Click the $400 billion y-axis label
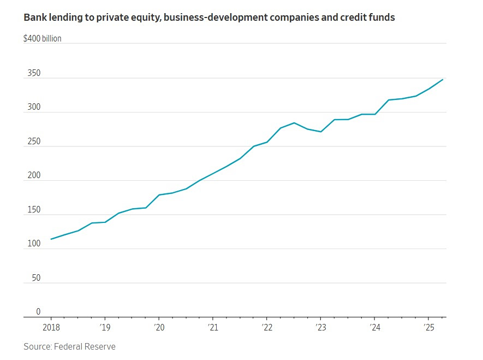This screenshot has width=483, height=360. pyautogui.click(x=43, y=38)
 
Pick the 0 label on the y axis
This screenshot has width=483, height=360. pyautogui.click(x=38, y=312)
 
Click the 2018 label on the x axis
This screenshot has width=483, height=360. pyautogui.click(x=51, y=328)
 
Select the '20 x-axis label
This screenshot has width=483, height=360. pyautogui.click(x=159, y=328)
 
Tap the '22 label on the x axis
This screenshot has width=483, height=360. pyautogui.click(x=266, y=328)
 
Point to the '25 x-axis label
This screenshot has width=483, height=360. pyautogui.click(x=428, y=328)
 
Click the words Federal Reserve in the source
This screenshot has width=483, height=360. pyautogui.click(x=86, y=346)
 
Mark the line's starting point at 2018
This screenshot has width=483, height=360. pyautogui.click(x=51, y=239)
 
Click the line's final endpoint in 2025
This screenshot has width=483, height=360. pyautogui.click(x=443, y=79)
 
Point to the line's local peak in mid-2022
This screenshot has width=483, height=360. pyautogui.click(x=294, y=123)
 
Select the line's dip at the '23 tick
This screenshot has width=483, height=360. pyautogui.click(x=321, y=132)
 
